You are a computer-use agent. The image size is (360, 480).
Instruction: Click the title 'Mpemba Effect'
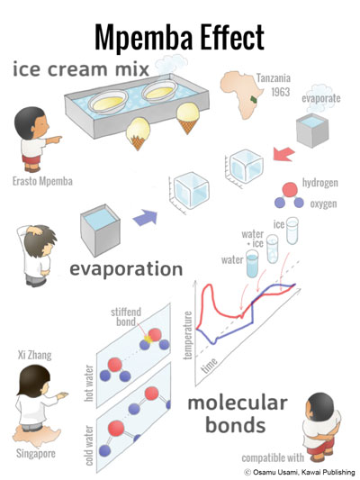pyautogui.click(x=179, y=37)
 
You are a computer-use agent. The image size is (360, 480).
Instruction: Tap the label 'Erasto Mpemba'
pyautogui.click(x=42, y=181)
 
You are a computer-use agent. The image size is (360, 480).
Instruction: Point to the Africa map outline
pyautogui.click(x=241, y=95)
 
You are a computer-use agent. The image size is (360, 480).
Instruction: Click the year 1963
pyautogui.click(x=280, y=92)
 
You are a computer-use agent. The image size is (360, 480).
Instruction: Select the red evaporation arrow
pyautogui.click(x=283, y=154)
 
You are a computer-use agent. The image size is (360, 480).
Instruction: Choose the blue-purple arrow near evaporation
pyautogui.click(x=145, y=218)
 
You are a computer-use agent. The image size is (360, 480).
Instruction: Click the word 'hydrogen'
pyautogui.click(x=319, y=183)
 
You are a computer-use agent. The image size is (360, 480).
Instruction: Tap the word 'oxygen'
pyautogui.click(x=323, y=204)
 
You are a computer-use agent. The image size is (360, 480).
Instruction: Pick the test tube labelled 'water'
pyautogui.click(x=252, y=264)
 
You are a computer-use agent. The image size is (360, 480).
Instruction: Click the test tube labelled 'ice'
pyautogui.click(x=292, y=231)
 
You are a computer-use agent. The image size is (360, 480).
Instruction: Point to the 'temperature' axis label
pyautogui.click(x=188, y=335)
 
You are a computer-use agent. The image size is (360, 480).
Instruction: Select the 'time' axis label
pyautogui.click(x=210, y=366)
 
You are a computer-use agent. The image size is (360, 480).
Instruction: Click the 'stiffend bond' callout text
pyautogui.click(x=126, y=317)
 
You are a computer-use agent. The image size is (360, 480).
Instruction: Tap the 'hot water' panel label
pyautogui.click(x=89, y=383)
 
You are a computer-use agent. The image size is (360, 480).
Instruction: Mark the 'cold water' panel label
pyautogui.click(x=89, y=446)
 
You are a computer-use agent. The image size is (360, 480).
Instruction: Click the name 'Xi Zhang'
pyautogui.click(x=34, y=355)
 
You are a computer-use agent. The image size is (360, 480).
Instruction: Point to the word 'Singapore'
pyautogui.click(x=36, y=453)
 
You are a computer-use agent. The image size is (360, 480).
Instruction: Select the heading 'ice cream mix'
pyautogui.click(x=81, y=69)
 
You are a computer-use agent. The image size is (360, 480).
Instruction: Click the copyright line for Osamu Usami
pyautogui.click(x=300, y=473)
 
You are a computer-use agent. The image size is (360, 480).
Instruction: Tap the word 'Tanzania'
pyautogui.click(x=274, y=78)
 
